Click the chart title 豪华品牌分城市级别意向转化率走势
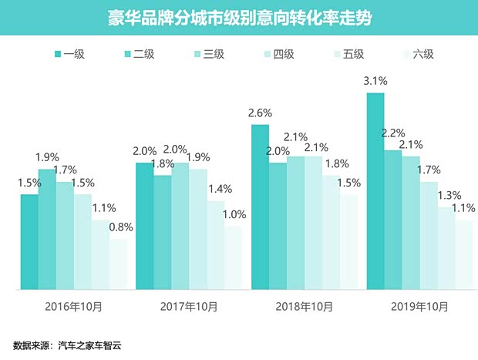click(x=239, y=18)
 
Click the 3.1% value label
click(x=375, y=80)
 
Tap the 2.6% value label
click(x=259, y=112)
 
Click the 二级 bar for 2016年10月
click(x=47, y=229)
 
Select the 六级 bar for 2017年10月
click(x=233, y=257)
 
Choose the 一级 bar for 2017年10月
click(x=144, y=226)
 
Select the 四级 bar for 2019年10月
click(x=428, y=235)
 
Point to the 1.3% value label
click(x=446, y=195)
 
